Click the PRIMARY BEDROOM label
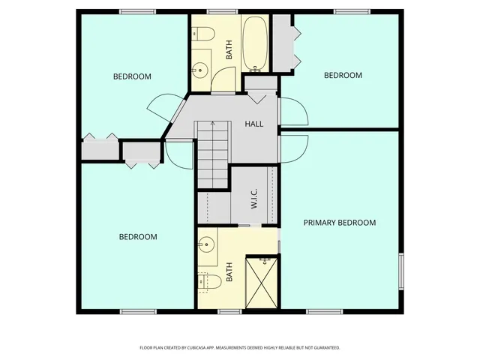339,223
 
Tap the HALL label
254,124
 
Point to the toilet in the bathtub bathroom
200,33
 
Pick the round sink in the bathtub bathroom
199,71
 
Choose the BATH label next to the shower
229,270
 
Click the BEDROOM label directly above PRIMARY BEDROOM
343,75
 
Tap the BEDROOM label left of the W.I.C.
139,237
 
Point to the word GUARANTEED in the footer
325,348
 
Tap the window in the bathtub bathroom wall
218,11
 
